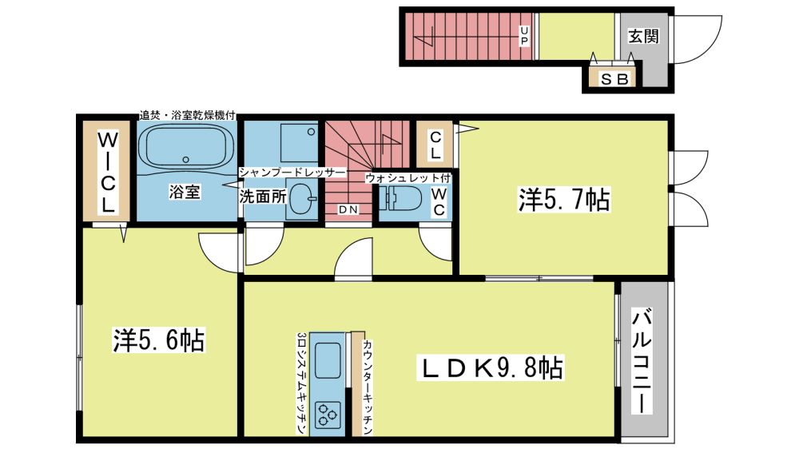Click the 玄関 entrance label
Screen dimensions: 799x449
pyautogui.click(x=643, y=36)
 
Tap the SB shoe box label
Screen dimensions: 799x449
pyautogui.click(x=615, y=79)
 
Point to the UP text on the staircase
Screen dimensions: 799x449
pyautogui.click(x=524, y=36)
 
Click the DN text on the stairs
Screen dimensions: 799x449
pyautogui.click(x=348, y=209)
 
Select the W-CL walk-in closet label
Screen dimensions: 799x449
pyautogui.click(x=109, y=172)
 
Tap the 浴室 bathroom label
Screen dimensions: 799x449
pyautogui.click(x=185, y=192)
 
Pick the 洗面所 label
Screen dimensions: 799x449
pyautogui.click(x=263, y=197)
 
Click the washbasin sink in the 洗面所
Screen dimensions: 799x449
pyautogui.click(x=302, y=198)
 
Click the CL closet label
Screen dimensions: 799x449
pyautogui.click(x=435, y=145)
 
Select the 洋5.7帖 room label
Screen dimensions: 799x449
pyautogui.click(x=564, y=199)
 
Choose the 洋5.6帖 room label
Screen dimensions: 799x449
pyautogui.click(x=158, y=340)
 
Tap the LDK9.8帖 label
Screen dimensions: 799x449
pyautogui.click(x=491, y=368)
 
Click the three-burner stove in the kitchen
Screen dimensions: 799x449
pyautogui.click(x=328, y=413)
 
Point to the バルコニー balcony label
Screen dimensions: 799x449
pyautogui.click(x=642, y=361)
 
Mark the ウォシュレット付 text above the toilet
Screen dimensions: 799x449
pyautogui.click(x=408, y=178)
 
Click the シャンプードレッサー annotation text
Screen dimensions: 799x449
pyautogui.click(x=292, y=173)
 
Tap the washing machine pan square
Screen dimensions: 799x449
pyautogui.click(x=300, y=143)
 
